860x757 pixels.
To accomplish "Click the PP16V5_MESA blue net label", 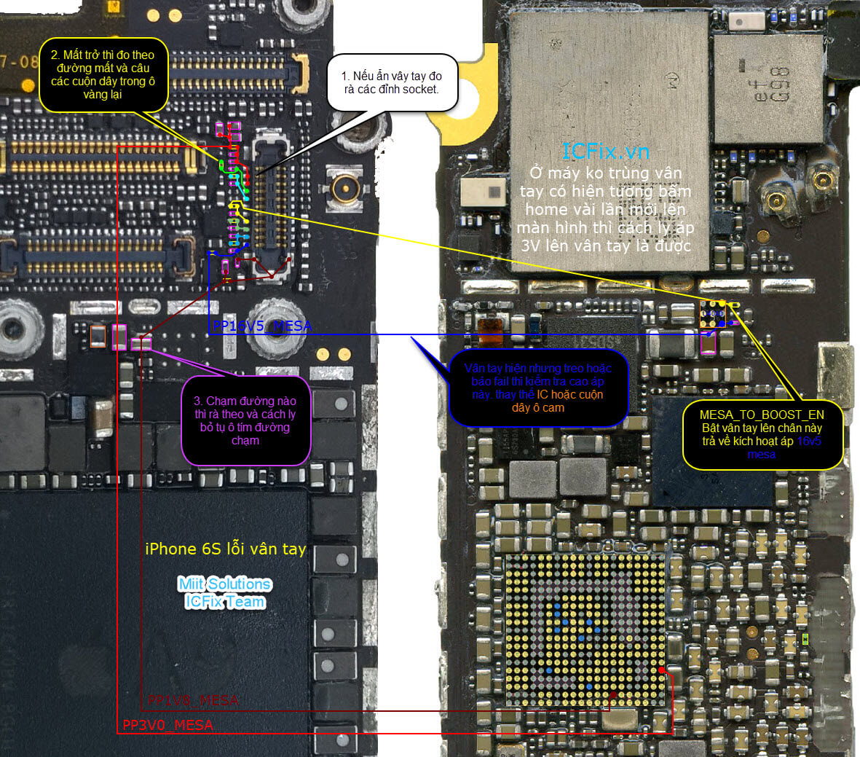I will point(262,326).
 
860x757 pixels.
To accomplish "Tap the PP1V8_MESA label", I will point(193,700).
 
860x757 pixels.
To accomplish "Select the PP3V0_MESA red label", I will point(167,725).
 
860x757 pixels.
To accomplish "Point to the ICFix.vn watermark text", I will point(605,151).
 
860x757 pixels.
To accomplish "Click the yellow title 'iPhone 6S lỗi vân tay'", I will point(226,549).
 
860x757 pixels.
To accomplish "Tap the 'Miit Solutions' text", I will point(225,584).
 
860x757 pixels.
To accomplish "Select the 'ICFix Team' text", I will point(225,602).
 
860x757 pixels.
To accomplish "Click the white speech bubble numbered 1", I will point(392,83).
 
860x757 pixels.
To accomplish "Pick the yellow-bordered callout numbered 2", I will point(103,74).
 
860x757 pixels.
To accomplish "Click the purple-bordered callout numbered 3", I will point(245,420).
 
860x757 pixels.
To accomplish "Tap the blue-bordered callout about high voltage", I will point(538,388).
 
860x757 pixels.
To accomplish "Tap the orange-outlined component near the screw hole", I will point(98,337).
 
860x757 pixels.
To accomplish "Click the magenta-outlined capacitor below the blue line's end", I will point(708,344).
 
